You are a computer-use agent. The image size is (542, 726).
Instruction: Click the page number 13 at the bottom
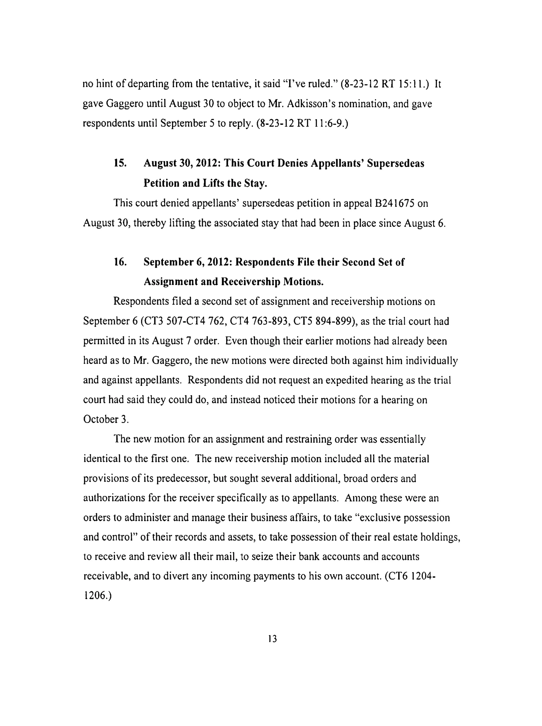pos(272,638)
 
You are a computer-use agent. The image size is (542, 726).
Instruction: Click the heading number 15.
pos(120,163)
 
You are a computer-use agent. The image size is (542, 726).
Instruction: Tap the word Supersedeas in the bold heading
pos(395,163)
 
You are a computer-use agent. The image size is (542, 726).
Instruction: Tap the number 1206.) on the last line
pos(97,596)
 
